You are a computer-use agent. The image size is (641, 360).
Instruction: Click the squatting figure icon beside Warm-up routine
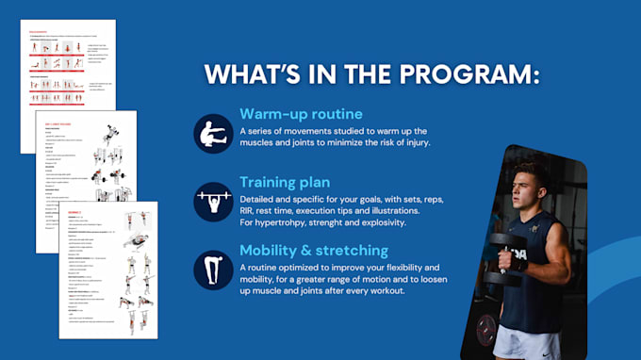tap(212, 133)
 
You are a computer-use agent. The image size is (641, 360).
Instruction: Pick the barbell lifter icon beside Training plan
tap(212, 201)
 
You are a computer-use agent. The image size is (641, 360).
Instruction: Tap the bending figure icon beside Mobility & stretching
tap(212, 269)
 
